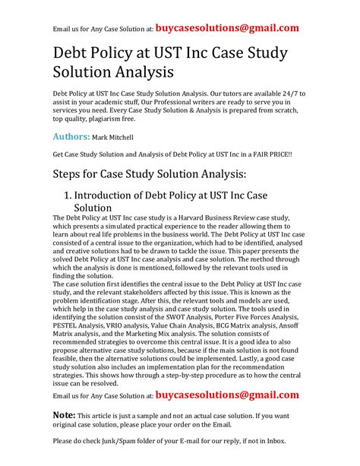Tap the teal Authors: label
point(70,137)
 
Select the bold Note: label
point(64,416)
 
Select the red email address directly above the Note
point(226,396)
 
